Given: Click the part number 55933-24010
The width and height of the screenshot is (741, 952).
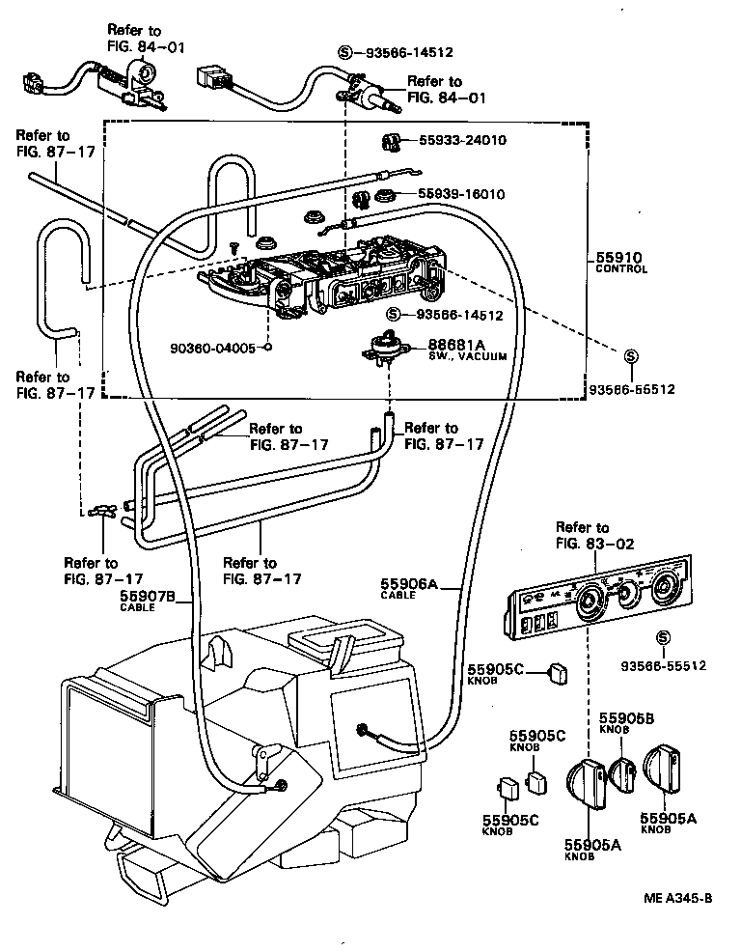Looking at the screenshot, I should pos(462,140).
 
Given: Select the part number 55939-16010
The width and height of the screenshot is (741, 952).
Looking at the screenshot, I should pos(462,194).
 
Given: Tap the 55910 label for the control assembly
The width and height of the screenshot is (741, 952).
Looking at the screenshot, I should pos(617,258).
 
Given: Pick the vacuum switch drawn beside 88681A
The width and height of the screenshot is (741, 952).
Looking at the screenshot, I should pos(391,348).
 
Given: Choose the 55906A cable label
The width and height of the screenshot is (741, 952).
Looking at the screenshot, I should pos(409,583).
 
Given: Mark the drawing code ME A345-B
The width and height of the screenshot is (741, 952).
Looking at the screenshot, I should pos(678,898).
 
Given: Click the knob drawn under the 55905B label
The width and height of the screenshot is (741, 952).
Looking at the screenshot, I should pos(622,770).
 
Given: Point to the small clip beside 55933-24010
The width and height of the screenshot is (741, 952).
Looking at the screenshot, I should pos(392,142).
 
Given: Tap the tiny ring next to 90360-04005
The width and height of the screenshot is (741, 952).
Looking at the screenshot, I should pos(267,348).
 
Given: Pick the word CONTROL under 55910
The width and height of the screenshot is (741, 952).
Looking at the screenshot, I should pos(621,269).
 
